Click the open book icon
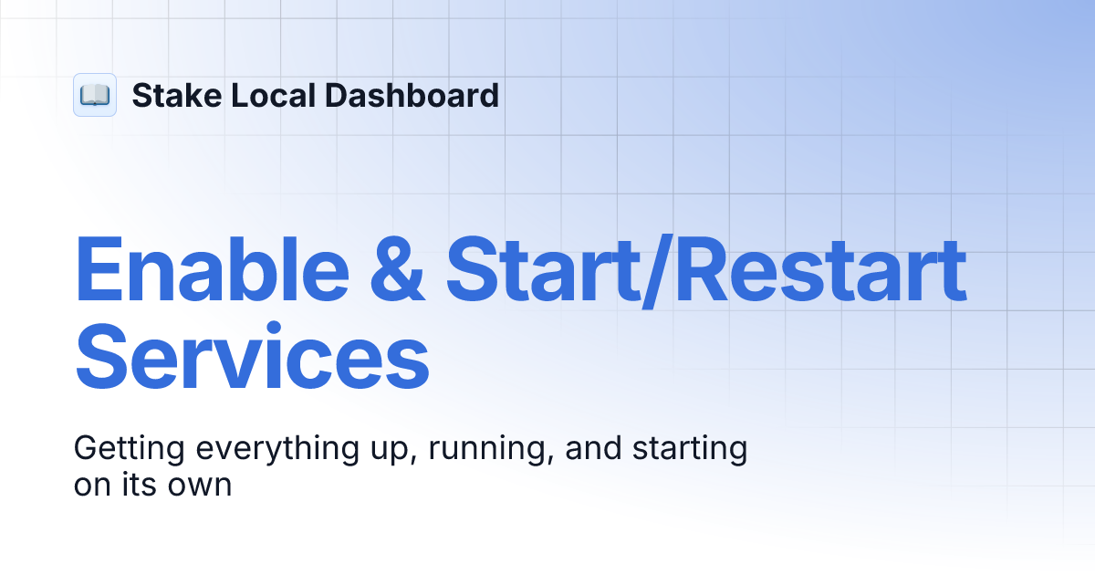click(95, 95)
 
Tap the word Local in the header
click(258, 95)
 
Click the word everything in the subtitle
click(270, 450)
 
